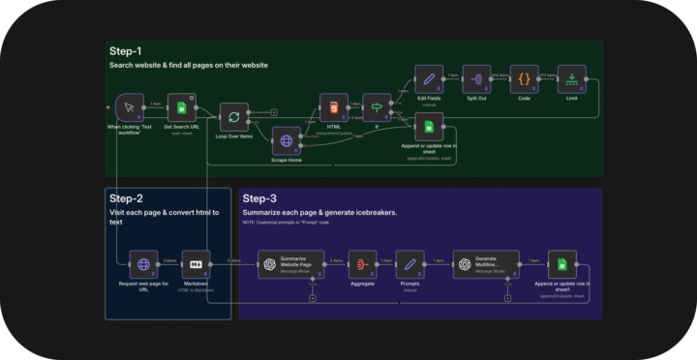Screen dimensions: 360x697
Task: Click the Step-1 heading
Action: tap(126, 50)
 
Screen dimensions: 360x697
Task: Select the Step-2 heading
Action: tap(126, 197)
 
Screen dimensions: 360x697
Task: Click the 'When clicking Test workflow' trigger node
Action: tap(129, 107)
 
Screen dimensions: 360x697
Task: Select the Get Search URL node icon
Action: tap(181, 107)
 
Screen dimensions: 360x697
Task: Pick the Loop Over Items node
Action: tap(233, 117)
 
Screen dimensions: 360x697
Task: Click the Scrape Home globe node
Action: tap(287, 141)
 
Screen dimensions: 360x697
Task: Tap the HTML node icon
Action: tap(334, 106)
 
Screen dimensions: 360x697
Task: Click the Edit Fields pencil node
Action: tap(429, 78)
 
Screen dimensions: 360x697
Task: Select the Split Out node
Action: tap(476, 78)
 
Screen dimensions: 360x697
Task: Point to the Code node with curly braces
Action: tap(524, 78)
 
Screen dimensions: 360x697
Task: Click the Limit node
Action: tap(572, 78)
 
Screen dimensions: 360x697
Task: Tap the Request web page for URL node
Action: tap(143, 263)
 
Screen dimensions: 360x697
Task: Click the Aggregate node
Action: tap(362, 263)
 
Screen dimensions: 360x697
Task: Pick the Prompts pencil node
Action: tap(410, 263)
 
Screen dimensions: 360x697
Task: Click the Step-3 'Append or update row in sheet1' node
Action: tap(561, 263)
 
